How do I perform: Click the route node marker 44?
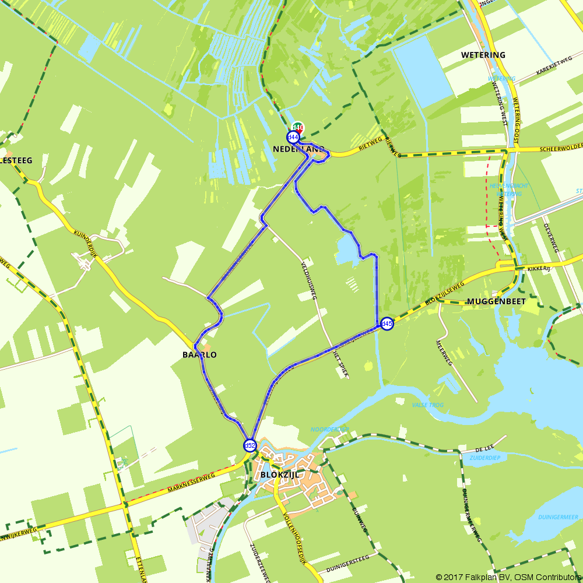coord(293,137)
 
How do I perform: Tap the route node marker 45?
coord(387,324)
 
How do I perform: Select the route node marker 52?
coord(250,446)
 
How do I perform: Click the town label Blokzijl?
coord(280,475)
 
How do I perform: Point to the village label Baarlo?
coord(199,354)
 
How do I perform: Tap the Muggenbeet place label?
coord(496,301)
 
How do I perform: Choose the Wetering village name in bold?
coord(483,55)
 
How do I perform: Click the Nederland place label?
coord(298,149)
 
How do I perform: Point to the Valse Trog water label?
coord(428,405)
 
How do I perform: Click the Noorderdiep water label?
coord(330,430)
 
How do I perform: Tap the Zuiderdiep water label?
coord(484,458)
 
